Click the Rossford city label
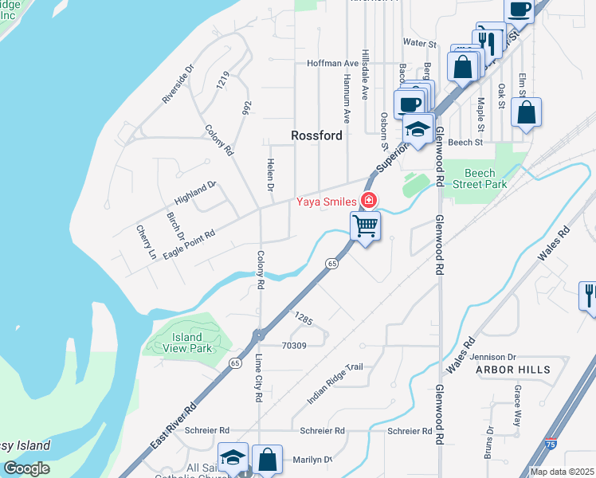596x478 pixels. [316, 135]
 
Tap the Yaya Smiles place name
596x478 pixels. [326, 202]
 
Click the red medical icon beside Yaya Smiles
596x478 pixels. [368, 200]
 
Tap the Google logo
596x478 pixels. [27, 468]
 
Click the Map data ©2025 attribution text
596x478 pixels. [563, 472]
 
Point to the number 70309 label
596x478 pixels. [294, 346]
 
